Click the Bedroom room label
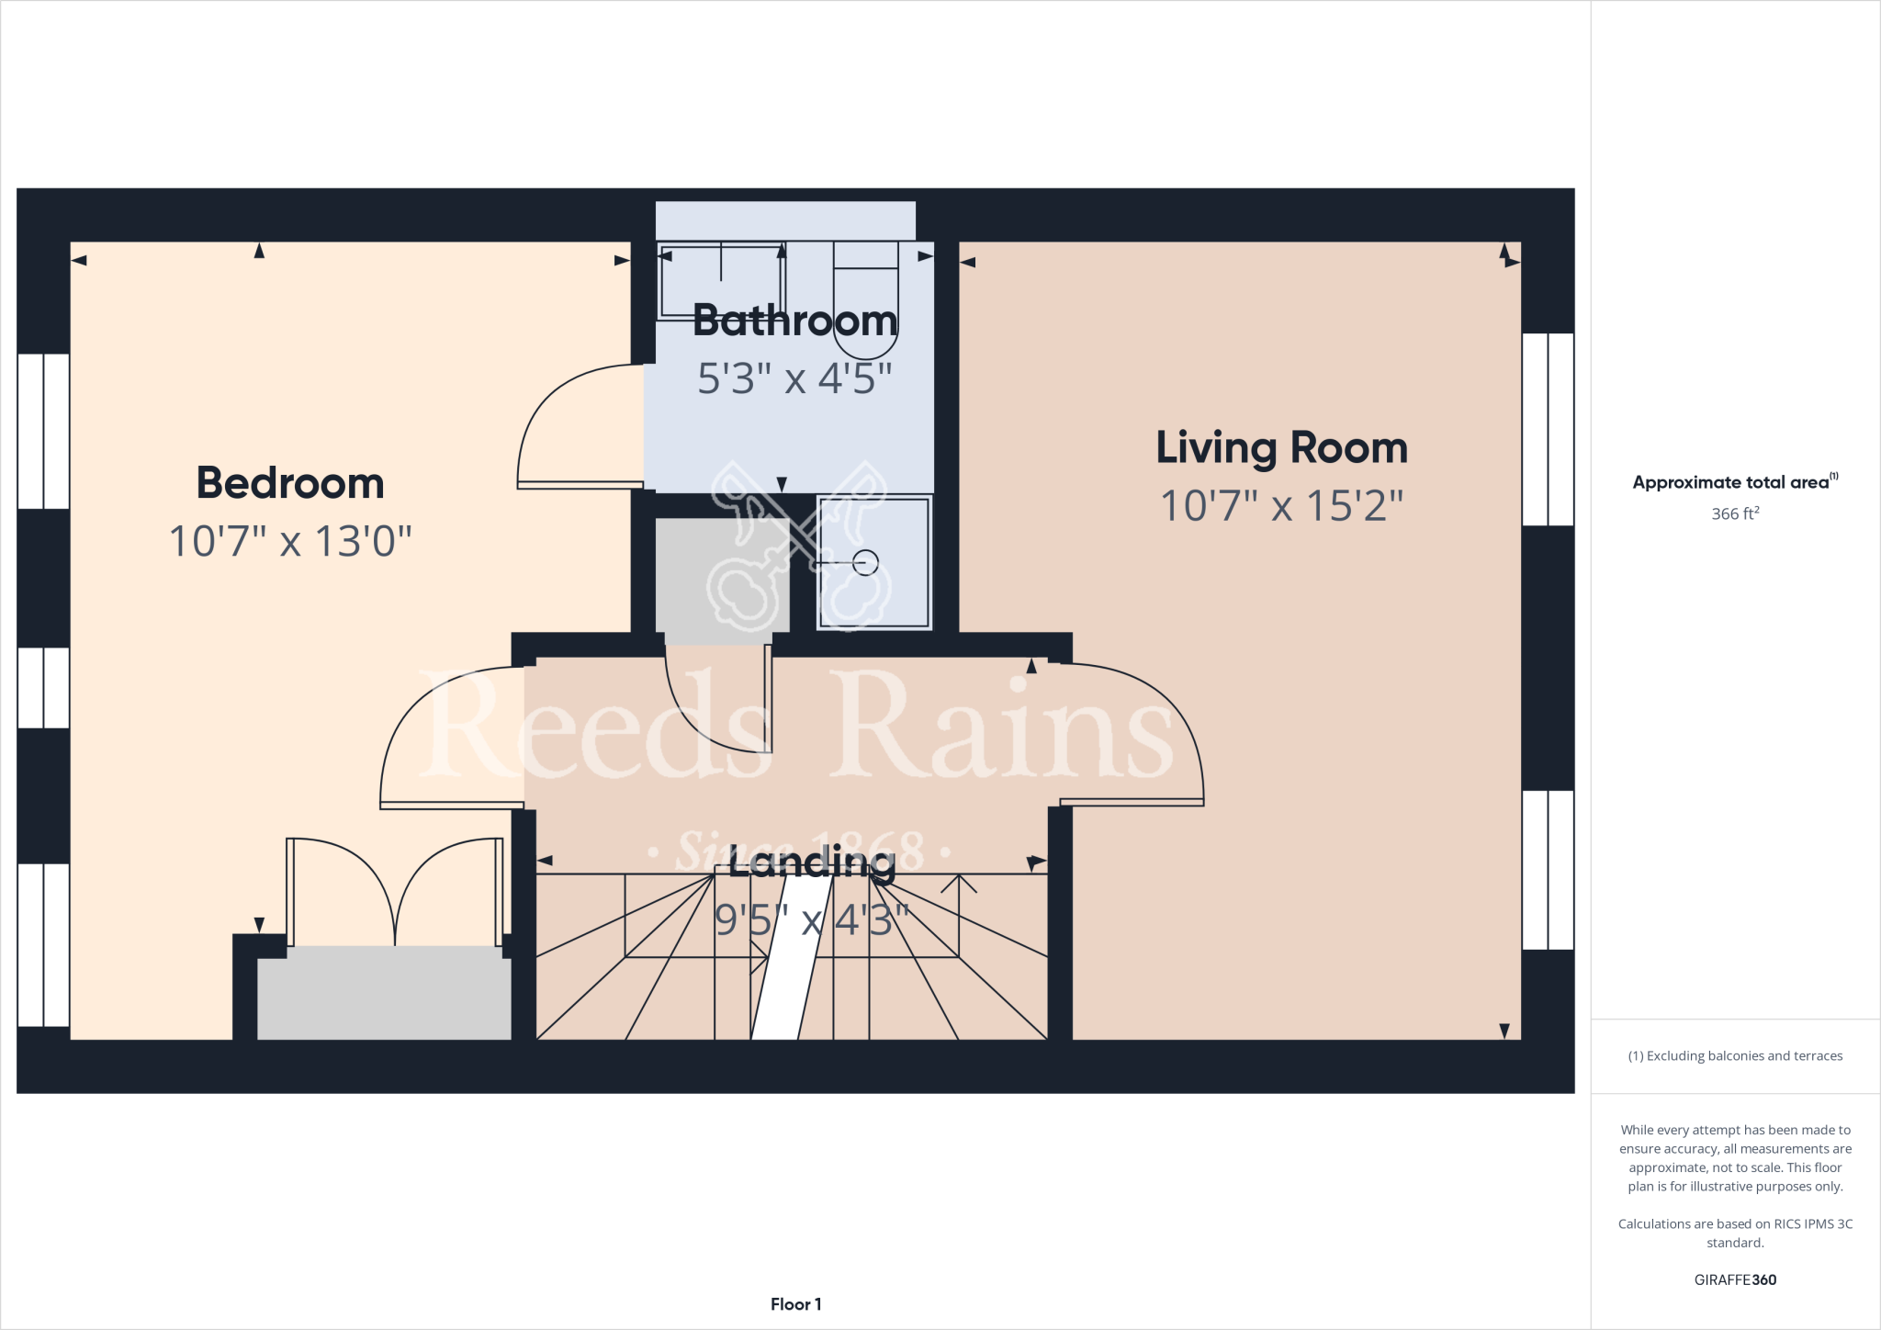[x=290, y=483]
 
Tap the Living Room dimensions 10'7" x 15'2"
[x=1281, y=506]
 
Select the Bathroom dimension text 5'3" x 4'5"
[x=794, y=378]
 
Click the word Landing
[x=812, y=862]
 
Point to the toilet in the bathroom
[x=865, y=303]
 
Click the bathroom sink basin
[x=720, y=276]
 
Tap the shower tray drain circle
[x=865, y=562]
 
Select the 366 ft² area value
[x=1734, y=513]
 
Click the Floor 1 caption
[x=795, y=1304]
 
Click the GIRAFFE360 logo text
[x=1734, y=1279]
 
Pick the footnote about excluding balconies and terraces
[x=1734, y=1056]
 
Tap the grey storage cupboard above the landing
[x=721, y=574]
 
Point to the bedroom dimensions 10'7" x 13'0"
[x=290, y=542]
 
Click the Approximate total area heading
[x=1731, y=482]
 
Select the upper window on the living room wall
[x=1548, y=429]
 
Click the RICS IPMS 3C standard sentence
[x=1734, y=1233]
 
